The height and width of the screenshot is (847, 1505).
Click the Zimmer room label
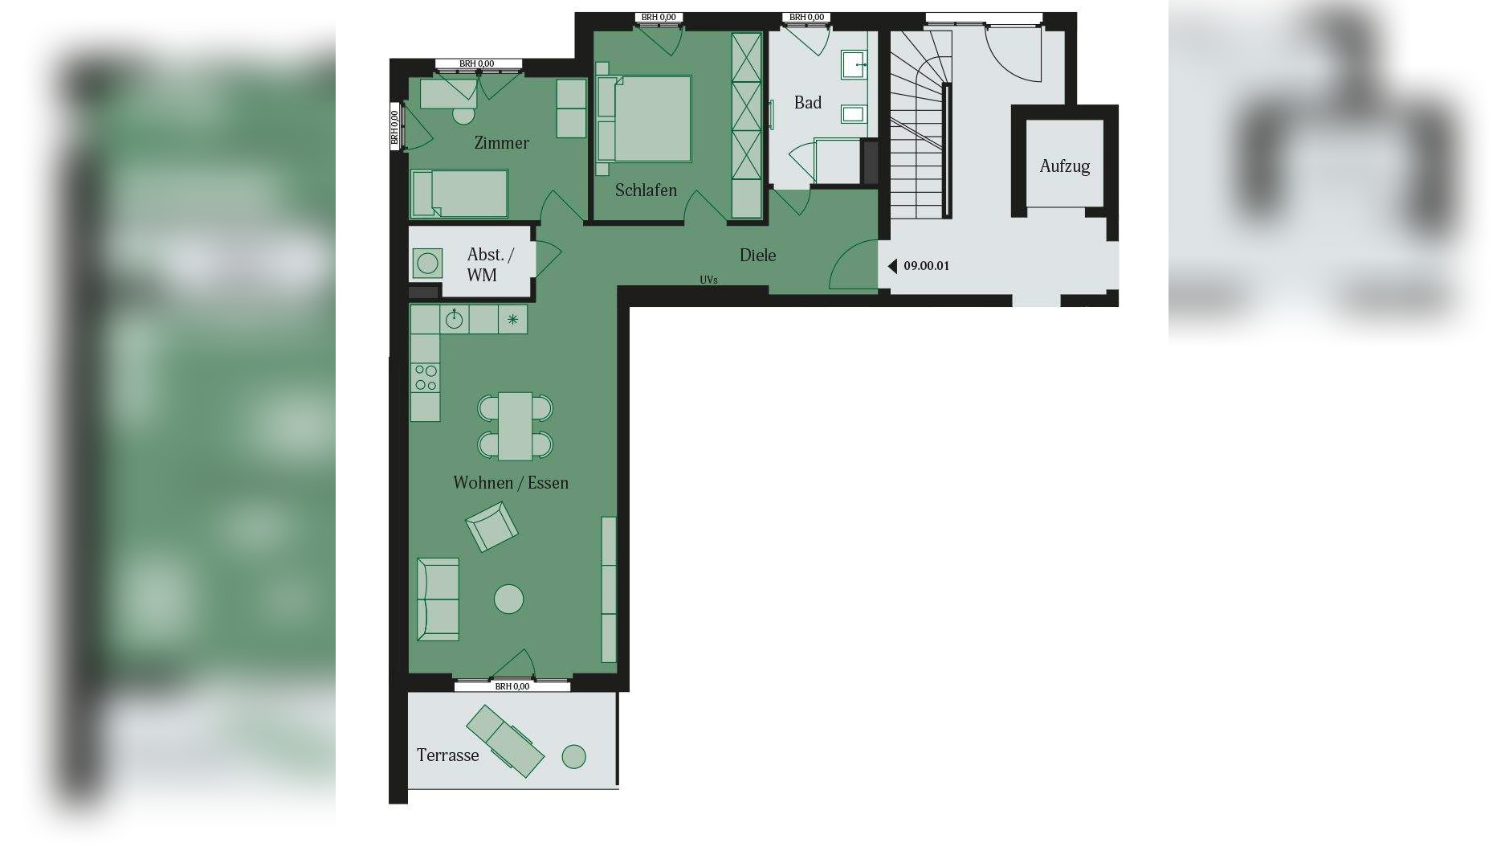click(x=501, y=143)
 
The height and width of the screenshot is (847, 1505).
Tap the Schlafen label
click(x=646, y=190)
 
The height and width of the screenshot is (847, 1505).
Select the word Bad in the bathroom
click(x=807, y=103)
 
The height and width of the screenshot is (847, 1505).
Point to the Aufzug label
click(x=1064, y=166)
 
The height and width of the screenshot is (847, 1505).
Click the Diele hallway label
click(x=757, y=256)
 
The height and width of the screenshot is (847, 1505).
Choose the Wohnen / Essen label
click(x=511, y=483)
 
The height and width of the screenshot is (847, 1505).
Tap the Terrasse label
click(x=447, y=755)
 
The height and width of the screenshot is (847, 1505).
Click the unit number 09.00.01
click(x=926, y=266)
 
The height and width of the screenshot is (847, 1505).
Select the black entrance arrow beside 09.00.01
click(x=891, y=266)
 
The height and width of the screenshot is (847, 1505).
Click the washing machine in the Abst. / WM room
click(x=427, y=263)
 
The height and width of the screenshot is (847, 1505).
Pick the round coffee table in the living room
click(x=508, y=599)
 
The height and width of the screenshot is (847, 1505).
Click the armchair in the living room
click(x=491, y=526)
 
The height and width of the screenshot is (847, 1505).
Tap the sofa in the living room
click(x=438, y=599)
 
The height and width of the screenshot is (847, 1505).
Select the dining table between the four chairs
click(x=515, y=426)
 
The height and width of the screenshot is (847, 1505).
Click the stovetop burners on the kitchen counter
click(x=426, y=378)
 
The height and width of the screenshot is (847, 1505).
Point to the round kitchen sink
click(x=455, y=319)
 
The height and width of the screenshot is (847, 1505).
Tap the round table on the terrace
click(x=573, y=756)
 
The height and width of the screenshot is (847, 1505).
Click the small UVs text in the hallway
click(x=708, y=280)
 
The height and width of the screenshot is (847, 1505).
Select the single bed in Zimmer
click(x=459, y=194)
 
